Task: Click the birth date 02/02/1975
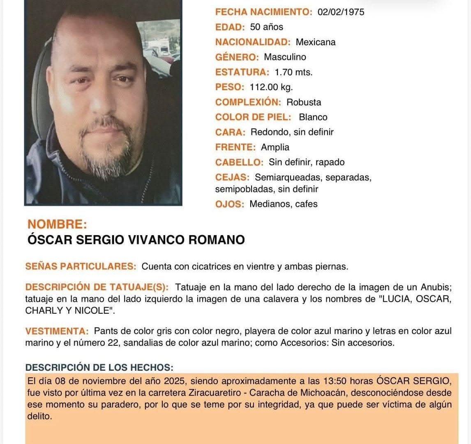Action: (341, 12)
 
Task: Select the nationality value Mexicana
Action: (316, 42)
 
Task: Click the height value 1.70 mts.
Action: (293, 72)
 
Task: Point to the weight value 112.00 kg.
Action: (271, 87)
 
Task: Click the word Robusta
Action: (304, 102)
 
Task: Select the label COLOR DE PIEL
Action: (253, 117)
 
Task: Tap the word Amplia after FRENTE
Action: (275, 147)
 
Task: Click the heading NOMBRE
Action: (57, 224)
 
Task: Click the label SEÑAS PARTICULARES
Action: (81, 266)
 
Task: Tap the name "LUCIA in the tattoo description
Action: (395, 299)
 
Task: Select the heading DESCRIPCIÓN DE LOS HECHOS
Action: (99, 367)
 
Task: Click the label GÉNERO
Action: (237, 57)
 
